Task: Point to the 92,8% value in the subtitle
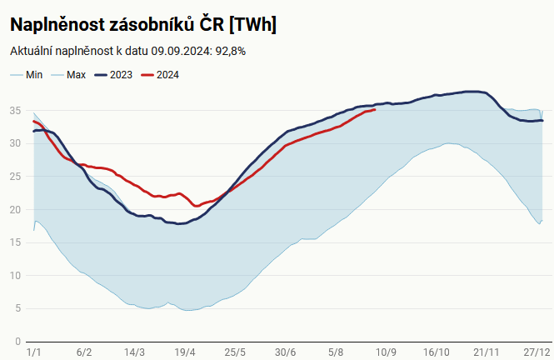click(x=229, y=51)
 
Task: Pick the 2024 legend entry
click(x=167, y=75)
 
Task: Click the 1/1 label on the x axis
click(x=34, y=352)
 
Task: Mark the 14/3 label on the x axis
click(x=134, y=352)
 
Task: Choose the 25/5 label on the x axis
click(x=235, y=352)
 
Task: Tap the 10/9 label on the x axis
click(x=386, y=352)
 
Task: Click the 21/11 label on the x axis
click(x=487, y=352)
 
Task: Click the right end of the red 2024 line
click(x=375, y=109)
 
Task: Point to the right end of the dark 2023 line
click(x=542, y=121)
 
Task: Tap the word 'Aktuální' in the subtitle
click(x=31, y=51)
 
